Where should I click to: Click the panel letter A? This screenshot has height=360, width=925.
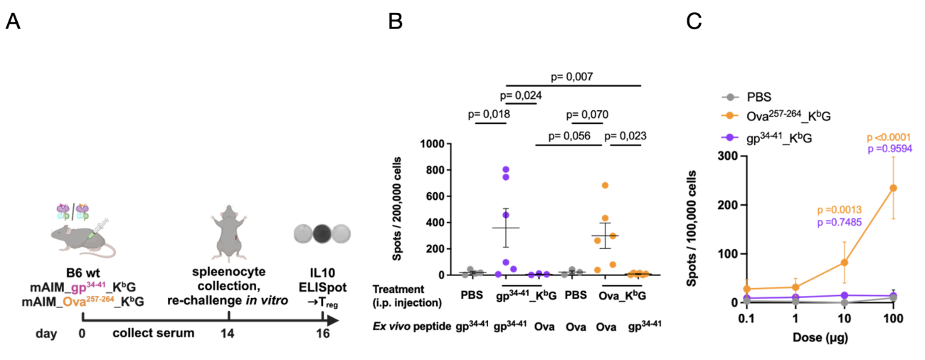[13, 22]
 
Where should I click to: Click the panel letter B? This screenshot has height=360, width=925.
[396, 22]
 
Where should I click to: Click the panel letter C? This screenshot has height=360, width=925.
[694, 22]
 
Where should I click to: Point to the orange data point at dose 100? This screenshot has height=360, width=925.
[892, 188]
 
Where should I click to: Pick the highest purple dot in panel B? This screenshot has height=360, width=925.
[506, 170]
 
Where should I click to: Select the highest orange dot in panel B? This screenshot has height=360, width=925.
[606, 186]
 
